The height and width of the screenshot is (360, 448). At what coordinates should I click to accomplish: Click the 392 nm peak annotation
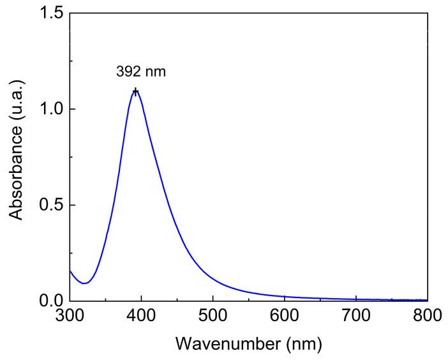(x=141, y=71)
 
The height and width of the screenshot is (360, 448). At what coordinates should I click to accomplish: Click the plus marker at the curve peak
(x=135, y=92)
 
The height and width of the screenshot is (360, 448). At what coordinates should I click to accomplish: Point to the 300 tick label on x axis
(x=70, y=314)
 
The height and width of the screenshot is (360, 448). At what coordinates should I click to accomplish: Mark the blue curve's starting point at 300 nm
(x=70, y=271)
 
